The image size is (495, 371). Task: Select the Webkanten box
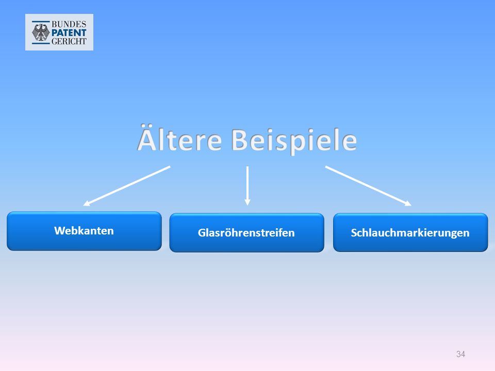84,231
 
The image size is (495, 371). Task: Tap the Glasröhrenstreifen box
246,233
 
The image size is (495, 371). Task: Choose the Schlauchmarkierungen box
410,232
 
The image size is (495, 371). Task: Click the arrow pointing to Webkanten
127,186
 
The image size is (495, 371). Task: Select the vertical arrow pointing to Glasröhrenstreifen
247,186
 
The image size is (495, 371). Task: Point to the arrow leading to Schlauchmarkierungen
368,186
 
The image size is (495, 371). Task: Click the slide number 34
460,354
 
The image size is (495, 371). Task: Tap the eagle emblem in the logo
41,32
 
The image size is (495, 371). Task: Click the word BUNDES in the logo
69,24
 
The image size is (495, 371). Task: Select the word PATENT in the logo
69,32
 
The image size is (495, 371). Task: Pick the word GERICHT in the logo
69,41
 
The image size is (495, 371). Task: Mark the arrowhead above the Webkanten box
87,204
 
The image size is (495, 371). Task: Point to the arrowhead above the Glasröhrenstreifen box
247,202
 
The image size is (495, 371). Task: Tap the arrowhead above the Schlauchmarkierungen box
408,204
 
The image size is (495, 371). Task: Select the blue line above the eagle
41,22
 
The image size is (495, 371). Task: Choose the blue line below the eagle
41,43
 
